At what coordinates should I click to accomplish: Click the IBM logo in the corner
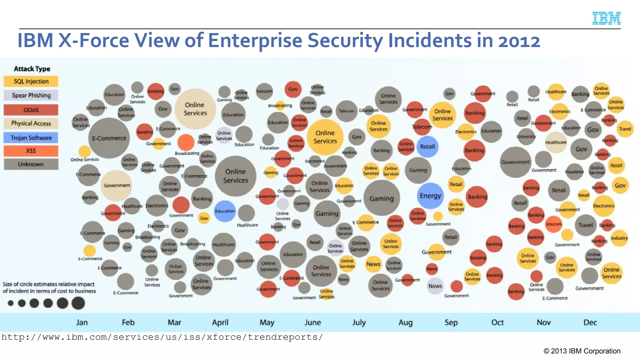pyautogui.click(x=606, y=18)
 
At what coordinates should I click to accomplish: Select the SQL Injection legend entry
pyautogui.click(x=31, y=82)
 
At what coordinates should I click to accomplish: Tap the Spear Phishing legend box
pyautogui.click(x=31, y=95)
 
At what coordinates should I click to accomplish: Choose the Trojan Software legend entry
pyautogui.click(x=31, y=138)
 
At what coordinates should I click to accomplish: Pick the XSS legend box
pyautogui.click(x=31, y=151)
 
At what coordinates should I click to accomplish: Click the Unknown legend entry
pyautogui.click(x=31, y=164)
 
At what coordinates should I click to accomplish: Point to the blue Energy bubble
pyautogui.click(x=430, y=196)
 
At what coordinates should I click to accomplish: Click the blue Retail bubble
pyautogui.click(x=427, y=147)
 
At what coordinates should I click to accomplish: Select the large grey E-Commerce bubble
pyautogui.click(x=109, y=138)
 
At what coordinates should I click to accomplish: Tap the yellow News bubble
pyautogui.click(x=373, y=264)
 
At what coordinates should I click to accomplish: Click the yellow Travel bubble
pyautogui.click(x=625, y=129)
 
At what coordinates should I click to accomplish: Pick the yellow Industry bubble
pyautogui.click(x=619, y=238)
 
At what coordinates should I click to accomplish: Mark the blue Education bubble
pyautogui.click(x=224, y=211)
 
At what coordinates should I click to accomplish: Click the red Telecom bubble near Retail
pyautogui.click(x=422, y=127)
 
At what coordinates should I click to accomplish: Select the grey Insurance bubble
pyautogui.click(x=574, y=172)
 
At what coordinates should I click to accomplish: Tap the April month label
pyautogui.click(x=220, y=322)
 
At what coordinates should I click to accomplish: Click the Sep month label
pyautogui.click(x=451, y=322)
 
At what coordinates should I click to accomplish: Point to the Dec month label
pyautogui.click(x=590, y=322)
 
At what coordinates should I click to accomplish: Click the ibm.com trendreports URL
pyautogui.click(x=162, y=337)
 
